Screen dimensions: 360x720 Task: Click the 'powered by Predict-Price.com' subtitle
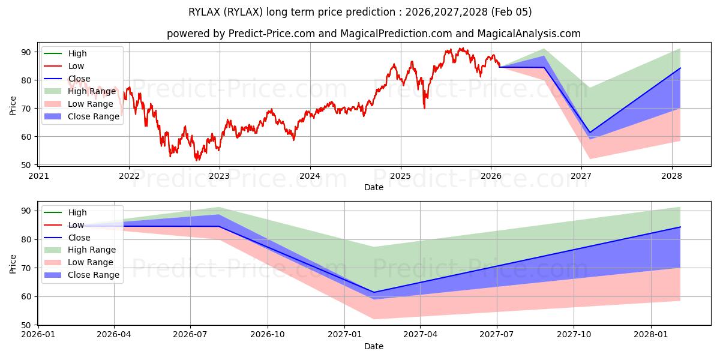pos(373,34)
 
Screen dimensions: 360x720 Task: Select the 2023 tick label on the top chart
pos(219,176)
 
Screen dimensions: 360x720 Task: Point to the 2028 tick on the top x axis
pos(671,176)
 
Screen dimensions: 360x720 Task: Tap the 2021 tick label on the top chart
pos(38,176)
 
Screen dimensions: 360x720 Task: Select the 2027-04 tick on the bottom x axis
pos(420,335)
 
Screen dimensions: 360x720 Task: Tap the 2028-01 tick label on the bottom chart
pos(651,335)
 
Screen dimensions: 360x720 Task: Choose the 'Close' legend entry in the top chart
pos(79,79)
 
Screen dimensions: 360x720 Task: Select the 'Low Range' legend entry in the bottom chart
pos(90,262)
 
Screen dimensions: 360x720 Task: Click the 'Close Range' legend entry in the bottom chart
pos(93,275)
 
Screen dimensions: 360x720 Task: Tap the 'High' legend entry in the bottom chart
pos(77,212)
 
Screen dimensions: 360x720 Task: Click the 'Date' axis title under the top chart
pos(373,187)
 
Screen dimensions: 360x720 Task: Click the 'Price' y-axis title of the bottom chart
pos(13,263)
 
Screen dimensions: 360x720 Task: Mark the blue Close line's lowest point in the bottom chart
pos(374,292)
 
